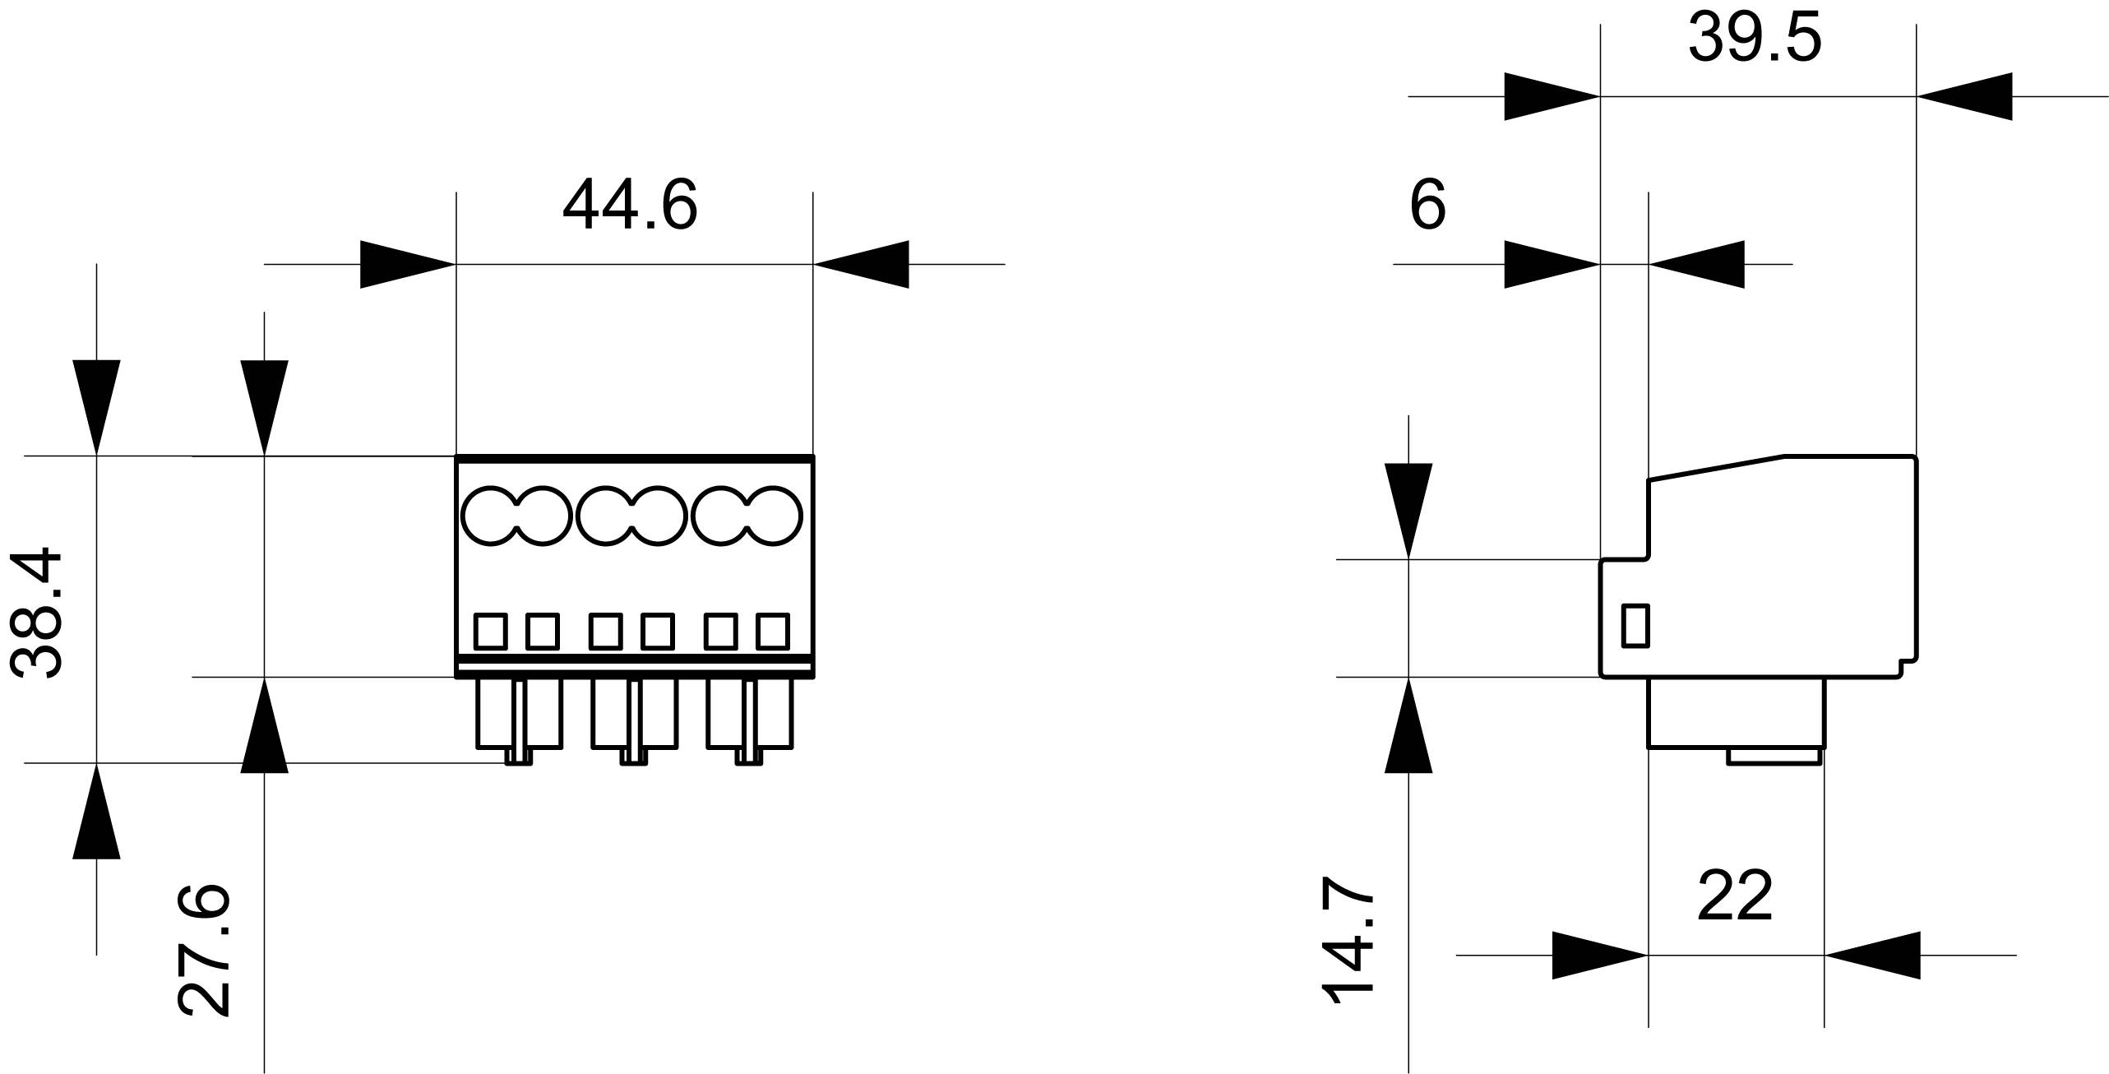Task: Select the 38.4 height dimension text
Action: click(x=37, y=613)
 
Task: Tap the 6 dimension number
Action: click(x=1427, y=206)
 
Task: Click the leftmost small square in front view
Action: click(x=491, y=632)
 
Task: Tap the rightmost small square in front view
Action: click(x=772, y=632)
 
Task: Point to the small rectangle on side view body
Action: click(x=1635, y=626)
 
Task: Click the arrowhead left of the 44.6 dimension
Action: click(x=409, y=264)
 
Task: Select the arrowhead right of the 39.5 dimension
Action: click(x=1964, y=96)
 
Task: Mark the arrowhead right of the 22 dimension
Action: click(x=1872, y=955)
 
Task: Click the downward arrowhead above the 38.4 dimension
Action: click(x=96, y=407)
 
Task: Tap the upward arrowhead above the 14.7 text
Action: click(x=1408, y=725)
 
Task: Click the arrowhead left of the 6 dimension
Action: click(x=1552, y=264)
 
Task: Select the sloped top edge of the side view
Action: click(x=1717, y=466)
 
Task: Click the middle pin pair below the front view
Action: click(x=634, y=720)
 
